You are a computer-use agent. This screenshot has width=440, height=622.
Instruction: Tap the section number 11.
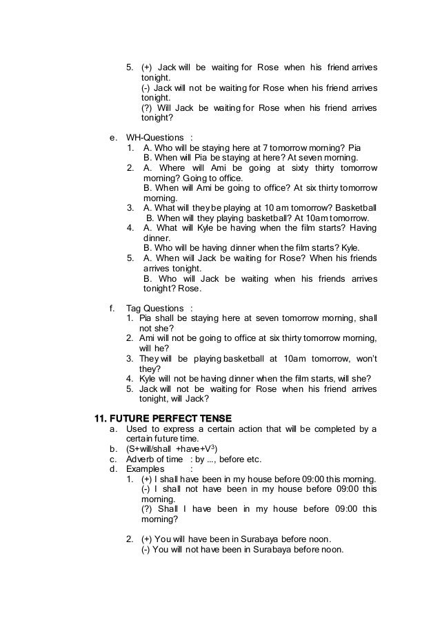tap(101, 419)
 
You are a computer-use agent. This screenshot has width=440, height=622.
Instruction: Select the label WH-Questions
tap(155, 138)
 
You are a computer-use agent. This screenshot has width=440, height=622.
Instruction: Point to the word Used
tap(137, 430)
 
